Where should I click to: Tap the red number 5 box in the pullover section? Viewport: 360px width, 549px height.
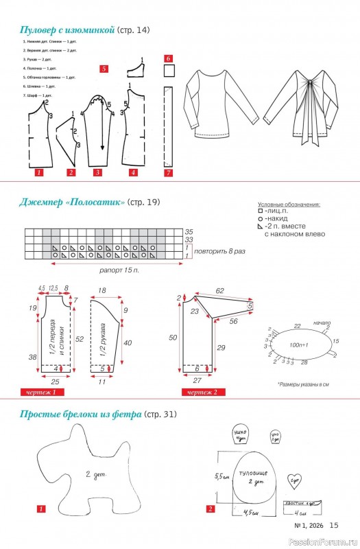pos(104,69)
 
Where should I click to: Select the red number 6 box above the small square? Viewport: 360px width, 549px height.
pos(168,59)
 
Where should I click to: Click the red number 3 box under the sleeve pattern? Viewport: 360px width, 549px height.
pos(97,172)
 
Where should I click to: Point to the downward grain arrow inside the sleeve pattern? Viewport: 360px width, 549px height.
pos(102,134)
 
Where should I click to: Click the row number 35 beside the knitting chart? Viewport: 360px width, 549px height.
pos(189,231)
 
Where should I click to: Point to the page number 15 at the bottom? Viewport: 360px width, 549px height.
pos(334,525)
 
